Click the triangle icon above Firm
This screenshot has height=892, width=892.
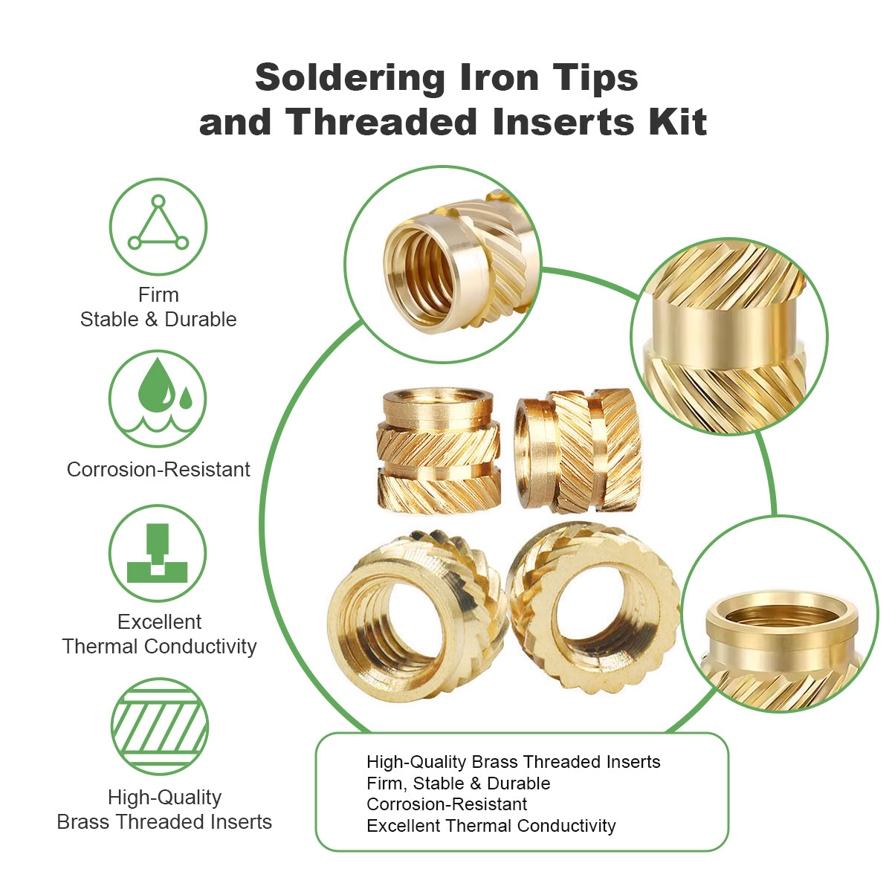pos(158,227)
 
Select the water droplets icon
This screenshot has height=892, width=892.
pos(158,398)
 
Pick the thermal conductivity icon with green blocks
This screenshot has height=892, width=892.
pos(158,554)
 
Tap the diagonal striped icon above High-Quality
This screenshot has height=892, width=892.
pos(159,726)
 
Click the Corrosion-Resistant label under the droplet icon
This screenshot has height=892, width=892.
pos(158,470)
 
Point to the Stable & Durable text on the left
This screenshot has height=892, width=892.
pos(158,320)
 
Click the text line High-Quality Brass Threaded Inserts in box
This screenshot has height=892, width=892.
pos(513,762)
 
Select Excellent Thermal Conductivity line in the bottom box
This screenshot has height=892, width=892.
pos(491,826)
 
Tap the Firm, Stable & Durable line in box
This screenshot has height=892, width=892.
pos(458,783)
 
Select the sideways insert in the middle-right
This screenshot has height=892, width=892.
pos(578,450)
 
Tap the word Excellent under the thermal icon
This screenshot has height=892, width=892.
pos(159,622)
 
